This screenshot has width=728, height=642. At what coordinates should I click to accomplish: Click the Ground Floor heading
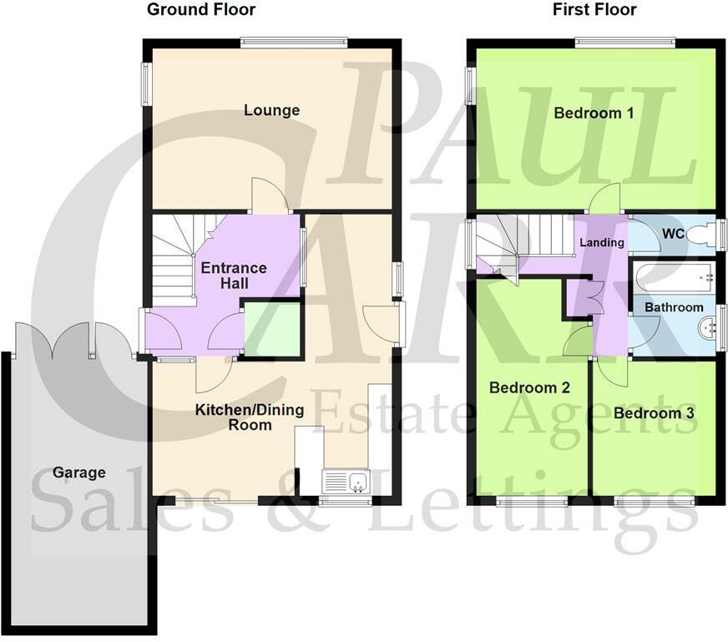point(200,10)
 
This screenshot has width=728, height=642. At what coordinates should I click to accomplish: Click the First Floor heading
point(594,10)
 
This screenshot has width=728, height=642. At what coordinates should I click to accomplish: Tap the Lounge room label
point(271,110)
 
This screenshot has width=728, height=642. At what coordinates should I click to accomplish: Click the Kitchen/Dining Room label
point(250,417)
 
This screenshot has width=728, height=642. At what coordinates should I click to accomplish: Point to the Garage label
point(79,473)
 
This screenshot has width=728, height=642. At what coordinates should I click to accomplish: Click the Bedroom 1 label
point(593,113)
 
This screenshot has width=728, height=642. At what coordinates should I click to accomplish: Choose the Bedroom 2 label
point(529,388)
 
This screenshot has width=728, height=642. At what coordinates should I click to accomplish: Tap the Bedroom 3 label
point(654,413)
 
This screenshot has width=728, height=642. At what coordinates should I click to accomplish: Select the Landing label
point(602,243)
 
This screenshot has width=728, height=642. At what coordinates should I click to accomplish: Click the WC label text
point(673,235)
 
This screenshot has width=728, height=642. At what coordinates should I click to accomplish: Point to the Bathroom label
point(673,307)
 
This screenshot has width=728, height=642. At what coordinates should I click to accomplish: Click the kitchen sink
point(346,481)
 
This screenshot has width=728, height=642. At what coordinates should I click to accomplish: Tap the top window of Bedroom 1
point(624,40)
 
